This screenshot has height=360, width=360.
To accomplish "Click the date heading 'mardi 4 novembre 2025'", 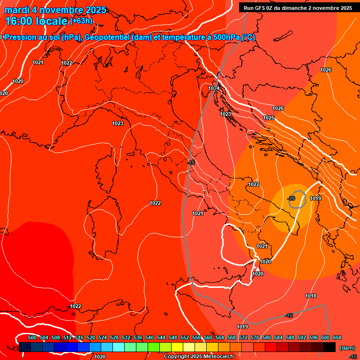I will (x=55, y=10).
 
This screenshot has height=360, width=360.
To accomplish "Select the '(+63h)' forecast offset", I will (x=82, y=21).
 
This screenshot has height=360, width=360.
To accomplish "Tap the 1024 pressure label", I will (x=214, y=88).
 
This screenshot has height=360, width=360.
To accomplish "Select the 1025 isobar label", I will (x=269, y=118).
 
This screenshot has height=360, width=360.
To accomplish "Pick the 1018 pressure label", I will (x=311, y=296).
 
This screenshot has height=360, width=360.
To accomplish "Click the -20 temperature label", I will (x=291, y=198).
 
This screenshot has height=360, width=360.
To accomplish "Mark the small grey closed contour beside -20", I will (x=298, y=199).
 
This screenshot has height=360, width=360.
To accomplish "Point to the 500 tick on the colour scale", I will (x=32, y=337).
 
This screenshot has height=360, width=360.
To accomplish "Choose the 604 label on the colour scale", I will (x=337, y=337).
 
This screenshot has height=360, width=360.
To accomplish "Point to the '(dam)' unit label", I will (x=347, y=348).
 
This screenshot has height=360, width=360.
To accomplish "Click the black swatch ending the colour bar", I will (x=330, y=347).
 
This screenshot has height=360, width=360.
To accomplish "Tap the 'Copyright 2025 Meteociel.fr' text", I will (x=199, y=357).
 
